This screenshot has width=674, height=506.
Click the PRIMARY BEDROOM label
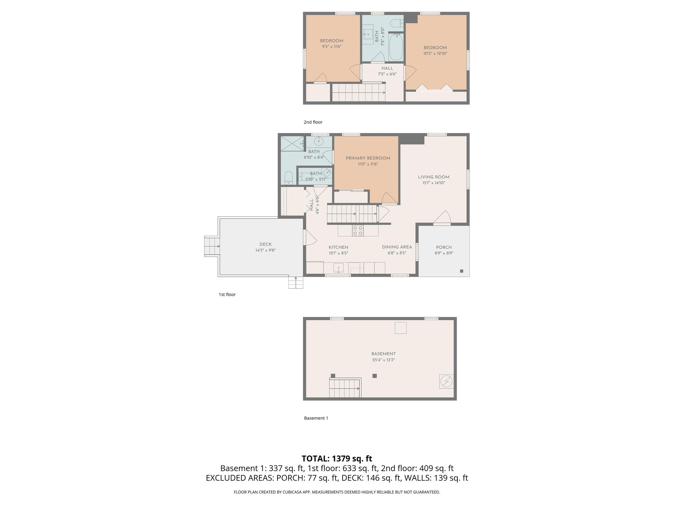pos(368,158)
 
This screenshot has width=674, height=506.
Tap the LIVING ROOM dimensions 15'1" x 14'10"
pos(433,183)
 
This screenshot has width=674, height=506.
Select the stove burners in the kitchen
pos(358,230)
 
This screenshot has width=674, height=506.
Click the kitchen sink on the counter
pos(338,267)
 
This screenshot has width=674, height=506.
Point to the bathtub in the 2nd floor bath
pos(396,47)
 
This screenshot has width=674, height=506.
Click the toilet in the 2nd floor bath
pos(396,23)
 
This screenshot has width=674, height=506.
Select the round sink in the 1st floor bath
pos(319,141)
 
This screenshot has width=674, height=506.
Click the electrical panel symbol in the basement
pos(446,381)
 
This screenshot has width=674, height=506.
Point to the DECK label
pos(265,244)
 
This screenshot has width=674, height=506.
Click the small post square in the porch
pos(461,271)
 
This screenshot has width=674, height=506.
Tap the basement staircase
pos(345,389)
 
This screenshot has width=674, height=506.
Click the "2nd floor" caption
pos(313,122)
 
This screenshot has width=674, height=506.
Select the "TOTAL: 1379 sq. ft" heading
pos(337,459)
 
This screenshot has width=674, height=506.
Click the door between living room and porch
pos(442,218)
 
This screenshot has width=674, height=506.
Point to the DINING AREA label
pos(397,247)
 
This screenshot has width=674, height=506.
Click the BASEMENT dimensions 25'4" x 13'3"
pos(383,360)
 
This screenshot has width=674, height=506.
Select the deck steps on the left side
pos(212,246)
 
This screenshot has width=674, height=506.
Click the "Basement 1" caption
pos(316,418)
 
